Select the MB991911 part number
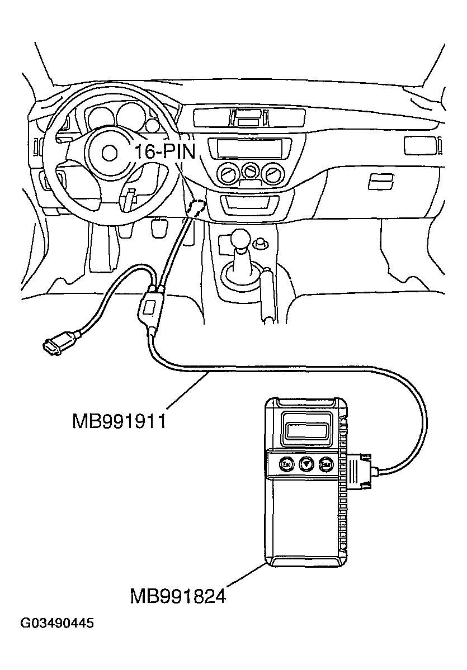click(x=119, y=420)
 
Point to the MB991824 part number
click(x=178, y=596)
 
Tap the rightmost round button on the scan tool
click(x=326, y=463)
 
